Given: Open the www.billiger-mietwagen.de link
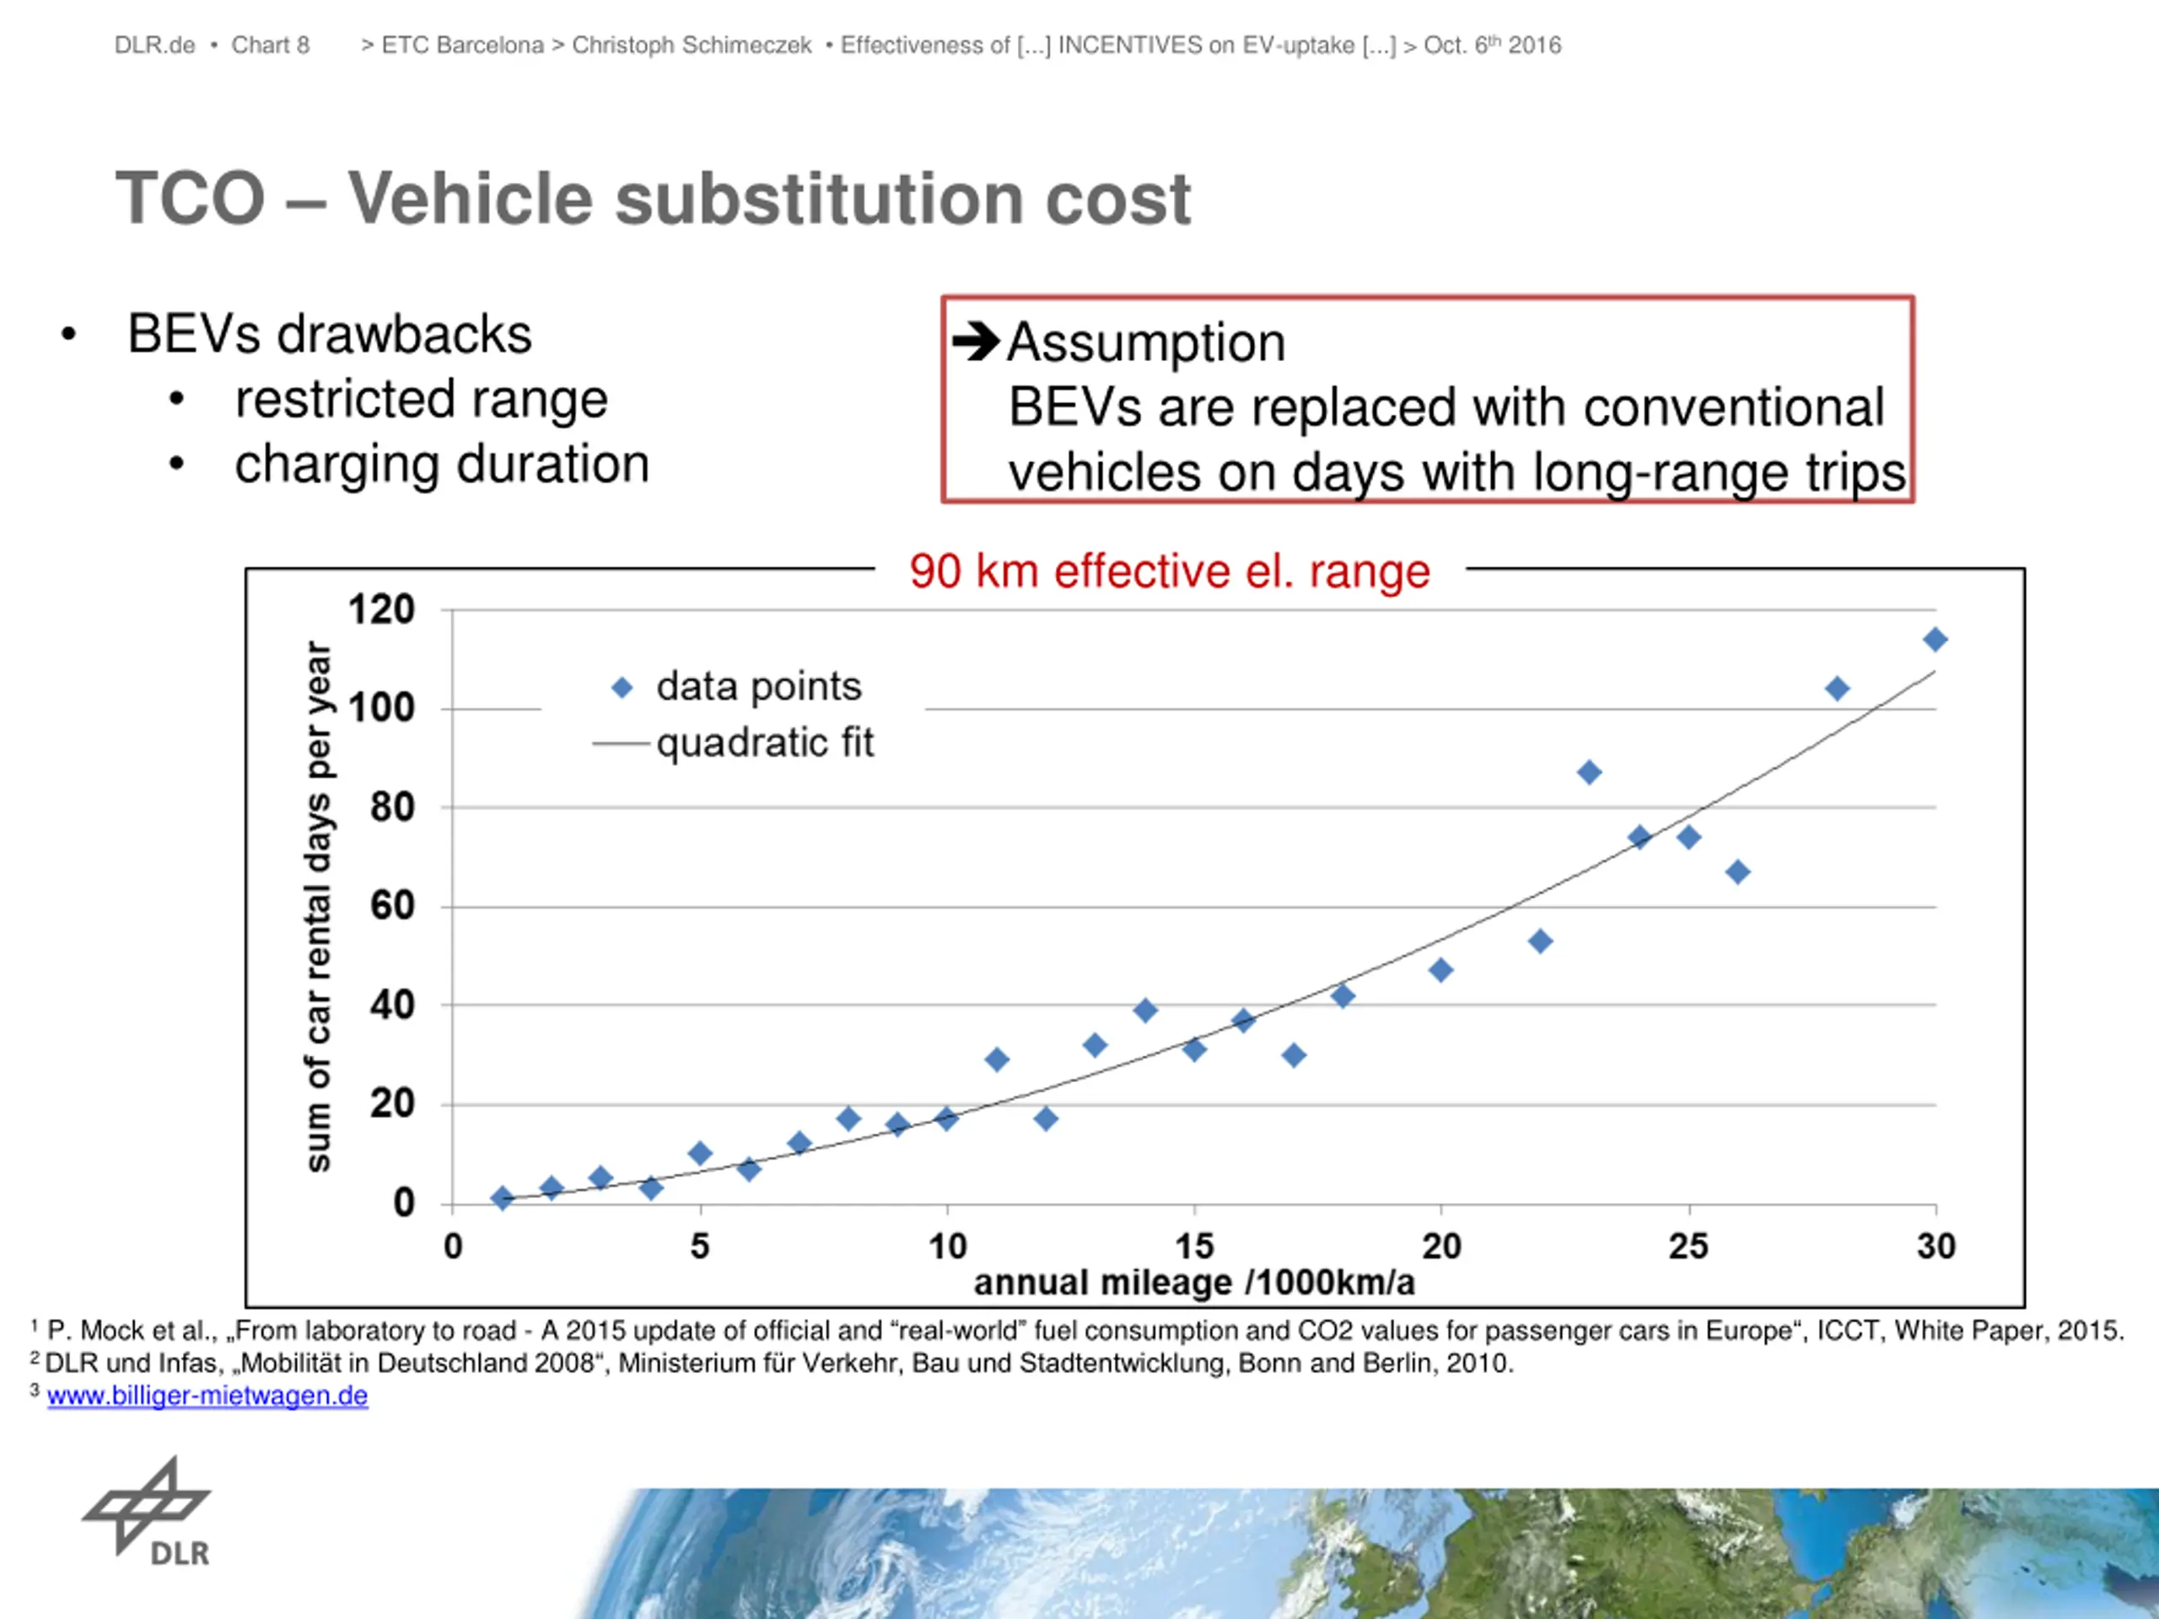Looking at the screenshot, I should coord(207,1396).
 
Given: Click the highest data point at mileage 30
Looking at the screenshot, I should coord(1935,640).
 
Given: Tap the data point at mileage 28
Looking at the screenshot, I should coord(1836,689).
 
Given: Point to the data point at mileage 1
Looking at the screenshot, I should coord(502,1197).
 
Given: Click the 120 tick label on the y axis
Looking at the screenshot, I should coord(382,610).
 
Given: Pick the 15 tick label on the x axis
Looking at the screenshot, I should coord(1193,1246).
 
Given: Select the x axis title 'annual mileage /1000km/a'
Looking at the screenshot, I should coord(1193,1283).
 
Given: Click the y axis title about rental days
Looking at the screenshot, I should coord(318,905).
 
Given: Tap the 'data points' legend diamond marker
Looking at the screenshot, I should coord(622,688).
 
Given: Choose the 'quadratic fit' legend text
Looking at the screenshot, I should coord(764,744).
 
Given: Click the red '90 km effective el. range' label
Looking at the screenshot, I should coord(1169,571).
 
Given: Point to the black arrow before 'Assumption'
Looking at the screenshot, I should coord(976,342).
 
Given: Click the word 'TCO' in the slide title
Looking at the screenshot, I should coord(191,199).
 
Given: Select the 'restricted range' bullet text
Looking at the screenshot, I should coord(421,399).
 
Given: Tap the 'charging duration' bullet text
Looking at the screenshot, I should coord(441,464).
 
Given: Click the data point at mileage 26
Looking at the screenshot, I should coord(1737,871).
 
